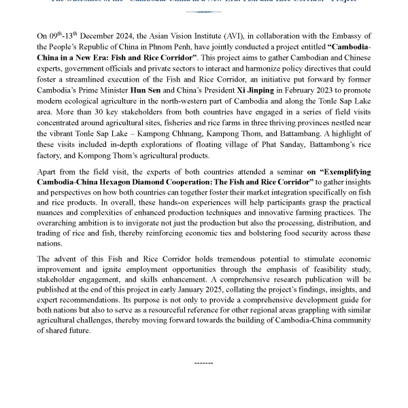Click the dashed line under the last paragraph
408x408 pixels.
tap(204, 362)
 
